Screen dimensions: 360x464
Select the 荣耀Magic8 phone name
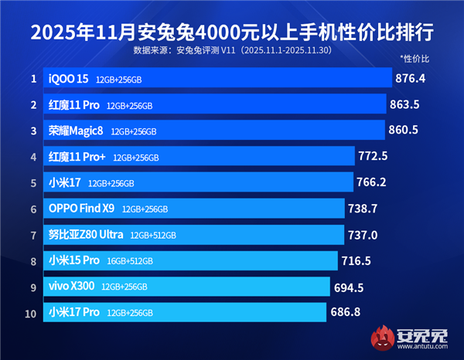[x=76, y=131]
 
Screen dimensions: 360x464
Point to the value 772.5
[x=373, y=157]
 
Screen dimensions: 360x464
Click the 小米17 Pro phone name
[x=73, y=312]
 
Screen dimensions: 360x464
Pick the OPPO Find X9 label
[x=81, y=209]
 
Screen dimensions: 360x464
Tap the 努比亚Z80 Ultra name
[x=86, y=235]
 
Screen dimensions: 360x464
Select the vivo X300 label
[x=71, y=287]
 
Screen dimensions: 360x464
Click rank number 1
[x=33, y=79]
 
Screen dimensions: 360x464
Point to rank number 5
[x=33, y=183]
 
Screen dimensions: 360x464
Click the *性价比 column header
[x=414, y=59]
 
